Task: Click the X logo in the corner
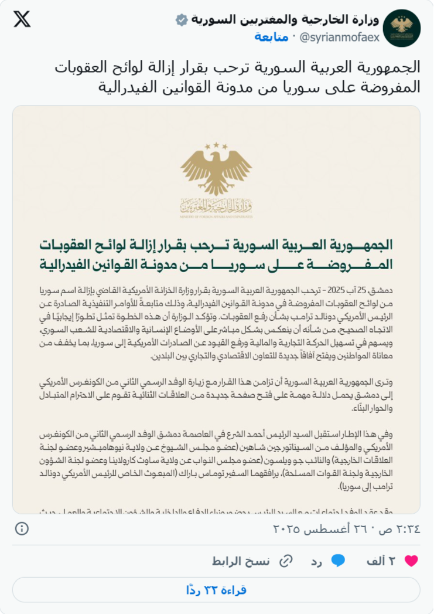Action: click(x=22, y=19)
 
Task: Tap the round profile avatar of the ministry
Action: click(x=401, y=28)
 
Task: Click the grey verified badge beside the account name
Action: click(x=182, y=21)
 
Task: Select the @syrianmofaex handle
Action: click(x=340, y=38)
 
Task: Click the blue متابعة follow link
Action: click(x=271, y=38)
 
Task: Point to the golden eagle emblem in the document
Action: click(x=216, y=169)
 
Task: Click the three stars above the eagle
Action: click(x=216, y=144)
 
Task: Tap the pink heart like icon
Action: click(x=411, y=561)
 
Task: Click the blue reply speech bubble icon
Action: click(x=338, y=561)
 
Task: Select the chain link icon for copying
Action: click(x=286, y=561)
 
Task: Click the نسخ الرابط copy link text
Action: click(x=249, y=561)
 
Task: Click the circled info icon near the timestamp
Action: click(x=22, y=528)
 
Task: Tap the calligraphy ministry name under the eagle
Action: click(x=216, y=206)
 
